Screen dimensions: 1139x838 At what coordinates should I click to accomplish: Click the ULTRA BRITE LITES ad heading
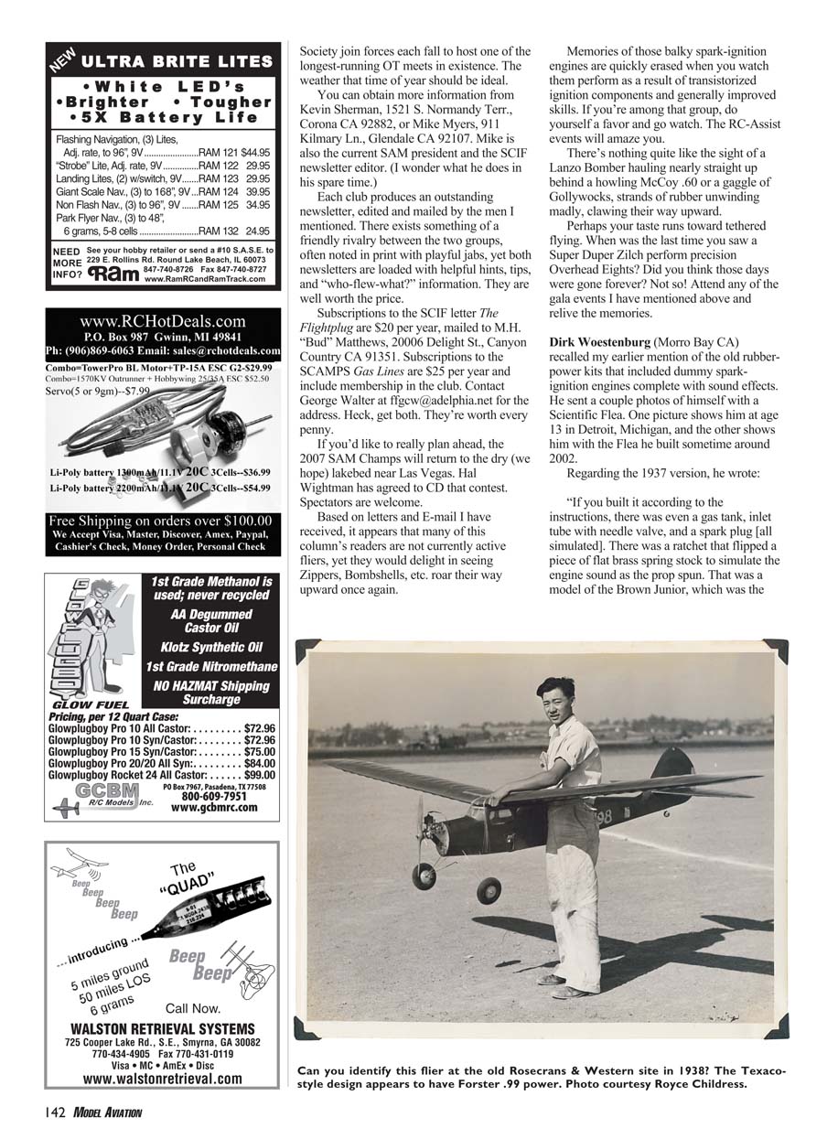click(x=177, y=62)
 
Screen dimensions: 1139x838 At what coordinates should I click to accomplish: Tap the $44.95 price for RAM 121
click(x=255, y=153)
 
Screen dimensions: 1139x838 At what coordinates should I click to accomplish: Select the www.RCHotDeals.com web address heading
click(x=163, y=321)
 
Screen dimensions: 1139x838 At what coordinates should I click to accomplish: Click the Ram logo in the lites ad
click(x=113, y=274)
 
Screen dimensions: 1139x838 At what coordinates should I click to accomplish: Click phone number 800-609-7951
click(x=214, y=796)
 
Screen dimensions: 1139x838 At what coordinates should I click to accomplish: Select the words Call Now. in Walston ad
click(x=192, y=1008)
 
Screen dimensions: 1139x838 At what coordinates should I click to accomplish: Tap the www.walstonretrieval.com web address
click(x=162, y=1079)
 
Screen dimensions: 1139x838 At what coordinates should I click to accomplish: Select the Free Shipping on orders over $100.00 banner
click(x=161, y=521)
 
